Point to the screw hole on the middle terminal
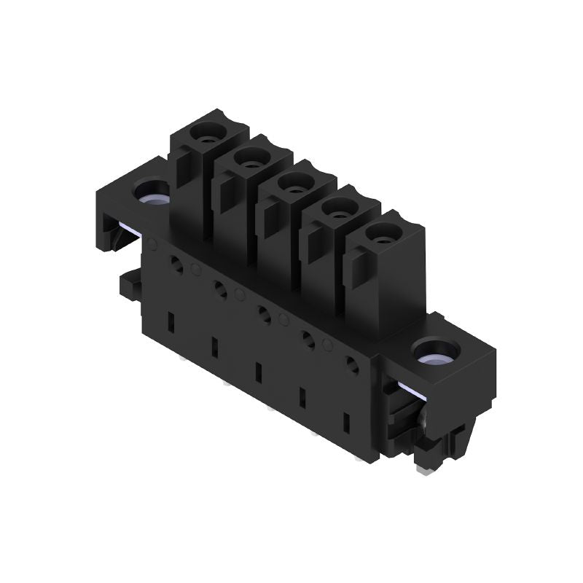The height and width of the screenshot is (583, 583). point(293,187)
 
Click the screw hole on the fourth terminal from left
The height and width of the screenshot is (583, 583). point(338,213)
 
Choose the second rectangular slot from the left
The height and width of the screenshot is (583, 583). point(214,346)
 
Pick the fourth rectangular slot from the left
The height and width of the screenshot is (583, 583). point(302,397)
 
